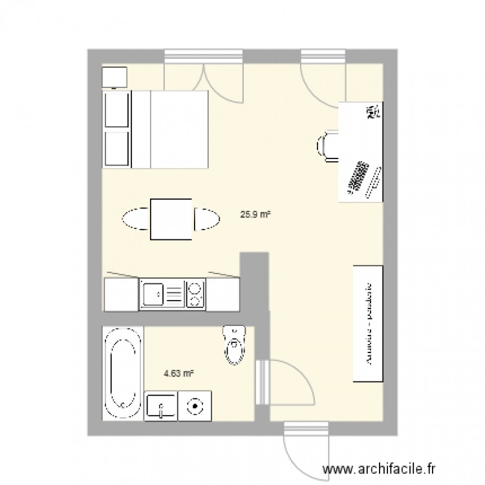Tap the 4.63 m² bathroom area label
179,373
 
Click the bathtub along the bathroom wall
123,373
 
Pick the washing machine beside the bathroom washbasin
195,406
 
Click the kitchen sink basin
154,295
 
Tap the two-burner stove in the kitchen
195,295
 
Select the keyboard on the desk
356,176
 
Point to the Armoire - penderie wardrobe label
369,323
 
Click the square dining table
171,219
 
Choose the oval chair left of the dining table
136,218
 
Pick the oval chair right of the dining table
206,219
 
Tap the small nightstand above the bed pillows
115,77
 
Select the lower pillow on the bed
116,149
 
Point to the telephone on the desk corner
372,113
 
